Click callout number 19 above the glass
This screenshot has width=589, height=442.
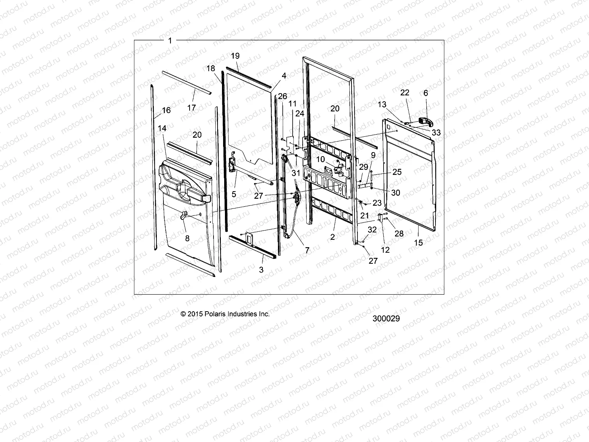point(235,56)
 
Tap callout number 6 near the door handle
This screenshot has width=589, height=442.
point(426,93)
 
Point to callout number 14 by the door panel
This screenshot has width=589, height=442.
point(162,128)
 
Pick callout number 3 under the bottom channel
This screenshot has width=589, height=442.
point(261,270)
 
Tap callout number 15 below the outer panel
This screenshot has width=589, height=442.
point(419,243)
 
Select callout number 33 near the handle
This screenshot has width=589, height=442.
point(436,133)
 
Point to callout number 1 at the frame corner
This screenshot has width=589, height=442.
point(170,41)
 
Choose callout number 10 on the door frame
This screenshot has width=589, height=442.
point(321,159)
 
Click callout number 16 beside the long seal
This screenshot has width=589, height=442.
point(166,110)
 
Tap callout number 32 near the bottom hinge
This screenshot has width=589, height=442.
point(372,230)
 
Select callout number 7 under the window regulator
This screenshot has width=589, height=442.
point(307,250)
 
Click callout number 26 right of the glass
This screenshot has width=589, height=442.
point(282,97)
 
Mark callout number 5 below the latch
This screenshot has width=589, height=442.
point(234,194)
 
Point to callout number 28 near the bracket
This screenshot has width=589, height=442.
point(399,234)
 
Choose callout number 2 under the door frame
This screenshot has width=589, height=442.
point(332,237)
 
